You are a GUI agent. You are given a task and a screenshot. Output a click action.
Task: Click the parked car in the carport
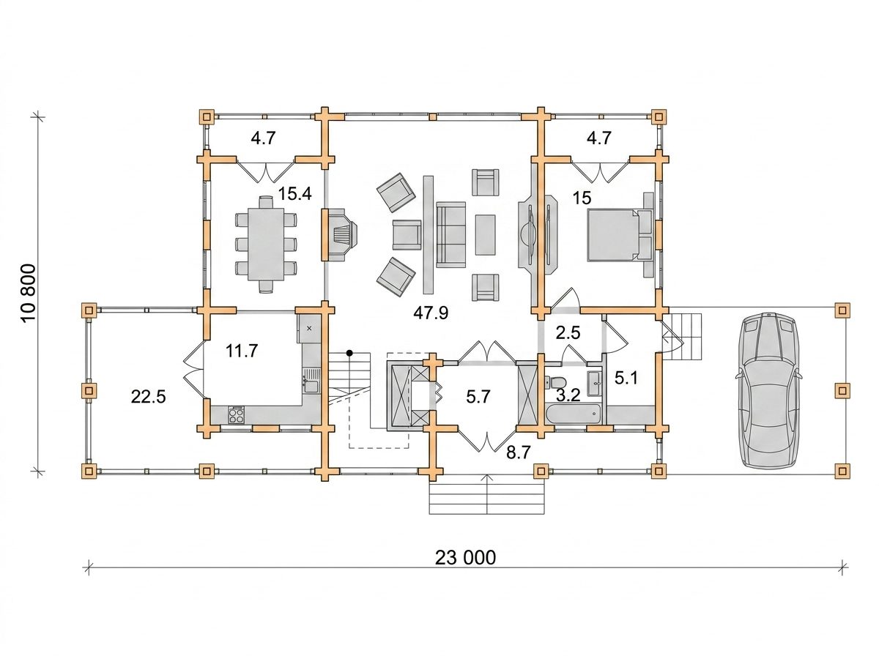pyautogui.click(x=767, y=390)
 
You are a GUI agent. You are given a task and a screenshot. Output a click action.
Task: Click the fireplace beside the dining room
pyautogui.click(x=340, y=234)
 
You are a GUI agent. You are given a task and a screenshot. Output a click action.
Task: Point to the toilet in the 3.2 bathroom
pyautogui.click(x=556, y=381)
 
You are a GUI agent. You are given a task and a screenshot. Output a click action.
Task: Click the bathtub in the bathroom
pyautogui.click(x=573, y=414)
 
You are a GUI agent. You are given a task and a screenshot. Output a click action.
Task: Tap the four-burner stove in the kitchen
pyautogui.click(x=237, y=414)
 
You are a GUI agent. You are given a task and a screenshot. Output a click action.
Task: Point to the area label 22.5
pyautogui.click(x=148, y=397)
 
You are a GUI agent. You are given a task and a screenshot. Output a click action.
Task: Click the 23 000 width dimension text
pyautogui.click(x=465, y=557)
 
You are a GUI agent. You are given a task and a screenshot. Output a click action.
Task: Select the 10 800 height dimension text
pyautogui.click(x=29, y=294)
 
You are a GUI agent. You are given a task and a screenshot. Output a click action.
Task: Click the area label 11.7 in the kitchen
pyautogui.click(x=242, y=351)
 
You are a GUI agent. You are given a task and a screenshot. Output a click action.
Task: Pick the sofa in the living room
pyautogui.click(x=451, y=234)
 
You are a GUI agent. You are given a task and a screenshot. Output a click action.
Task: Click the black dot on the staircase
pyautogui.click(x=349, y=353)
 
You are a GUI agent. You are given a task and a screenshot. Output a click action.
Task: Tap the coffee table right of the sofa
pyautogui.click(x=486, y=234)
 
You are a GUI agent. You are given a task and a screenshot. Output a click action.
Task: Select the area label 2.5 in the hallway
pyautogui.click(x=568, y=332)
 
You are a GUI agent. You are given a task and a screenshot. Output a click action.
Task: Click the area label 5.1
pyautogui.click(x=626, y=378)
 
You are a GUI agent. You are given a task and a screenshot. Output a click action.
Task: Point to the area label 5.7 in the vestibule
pyautogui.click(x=478, y=397)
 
